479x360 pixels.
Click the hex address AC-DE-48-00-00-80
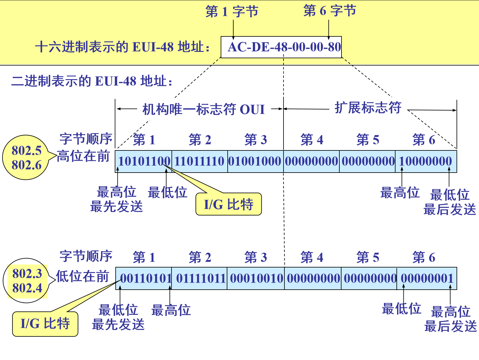click(x=284, y=47)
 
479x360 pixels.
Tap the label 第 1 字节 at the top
click(x=232, y=12)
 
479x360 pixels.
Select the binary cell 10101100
click(x=144, y=161)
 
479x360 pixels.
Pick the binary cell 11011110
click(x=199, y=161)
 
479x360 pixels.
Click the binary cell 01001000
click(x=255, y=161)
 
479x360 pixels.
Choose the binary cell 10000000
click(x=426, y=161)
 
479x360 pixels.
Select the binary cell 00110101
click(x=146, y=278)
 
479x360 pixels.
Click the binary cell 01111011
click(x=201, y=278)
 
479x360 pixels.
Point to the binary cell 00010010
click(x=256, y=278)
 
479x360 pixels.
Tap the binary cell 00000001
click(x=427, y=278)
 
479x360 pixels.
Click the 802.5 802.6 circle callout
click(x=26, y=158)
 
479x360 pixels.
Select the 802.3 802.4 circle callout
click(x=27, y=281)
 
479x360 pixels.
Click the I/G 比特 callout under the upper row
click(x=229, y=204)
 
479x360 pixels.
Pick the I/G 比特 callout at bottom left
click(x=45, y=324)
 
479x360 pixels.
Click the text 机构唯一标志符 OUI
click(x=203, y=109)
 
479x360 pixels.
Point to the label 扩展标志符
click(x=368, y=108)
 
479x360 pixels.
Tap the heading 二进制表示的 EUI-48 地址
click(x=92, y=81)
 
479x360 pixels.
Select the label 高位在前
click(x=83, y=156)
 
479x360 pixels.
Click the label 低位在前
click(x=83, y=276)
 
